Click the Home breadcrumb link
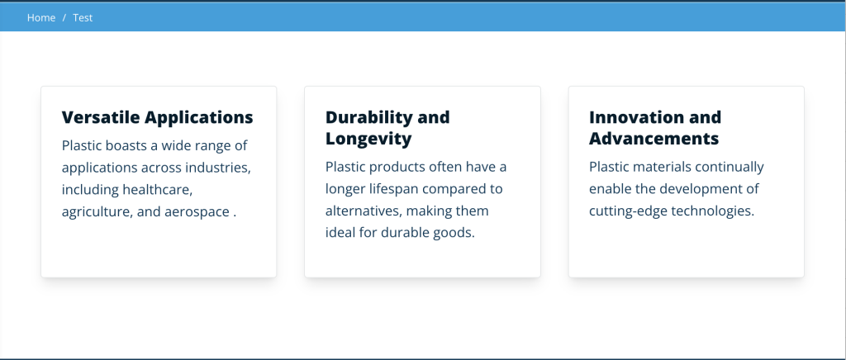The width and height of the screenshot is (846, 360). [40, 17]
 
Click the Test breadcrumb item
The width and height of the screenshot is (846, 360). [83, 17]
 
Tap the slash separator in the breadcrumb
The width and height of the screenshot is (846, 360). [64, 17]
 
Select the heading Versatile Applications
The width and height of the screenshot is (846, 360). [157, 117]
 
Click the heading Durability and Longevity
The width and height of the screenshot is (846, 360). [387, 128]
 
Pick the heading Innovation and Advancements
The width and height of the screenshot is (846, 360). [654, 128]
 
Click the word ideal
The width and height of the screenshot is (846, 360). [341, 232]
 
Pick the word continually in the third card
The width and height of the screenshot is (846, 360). [730, 167]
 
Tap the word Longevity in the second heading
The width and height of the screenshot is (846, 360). [368, 139]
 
